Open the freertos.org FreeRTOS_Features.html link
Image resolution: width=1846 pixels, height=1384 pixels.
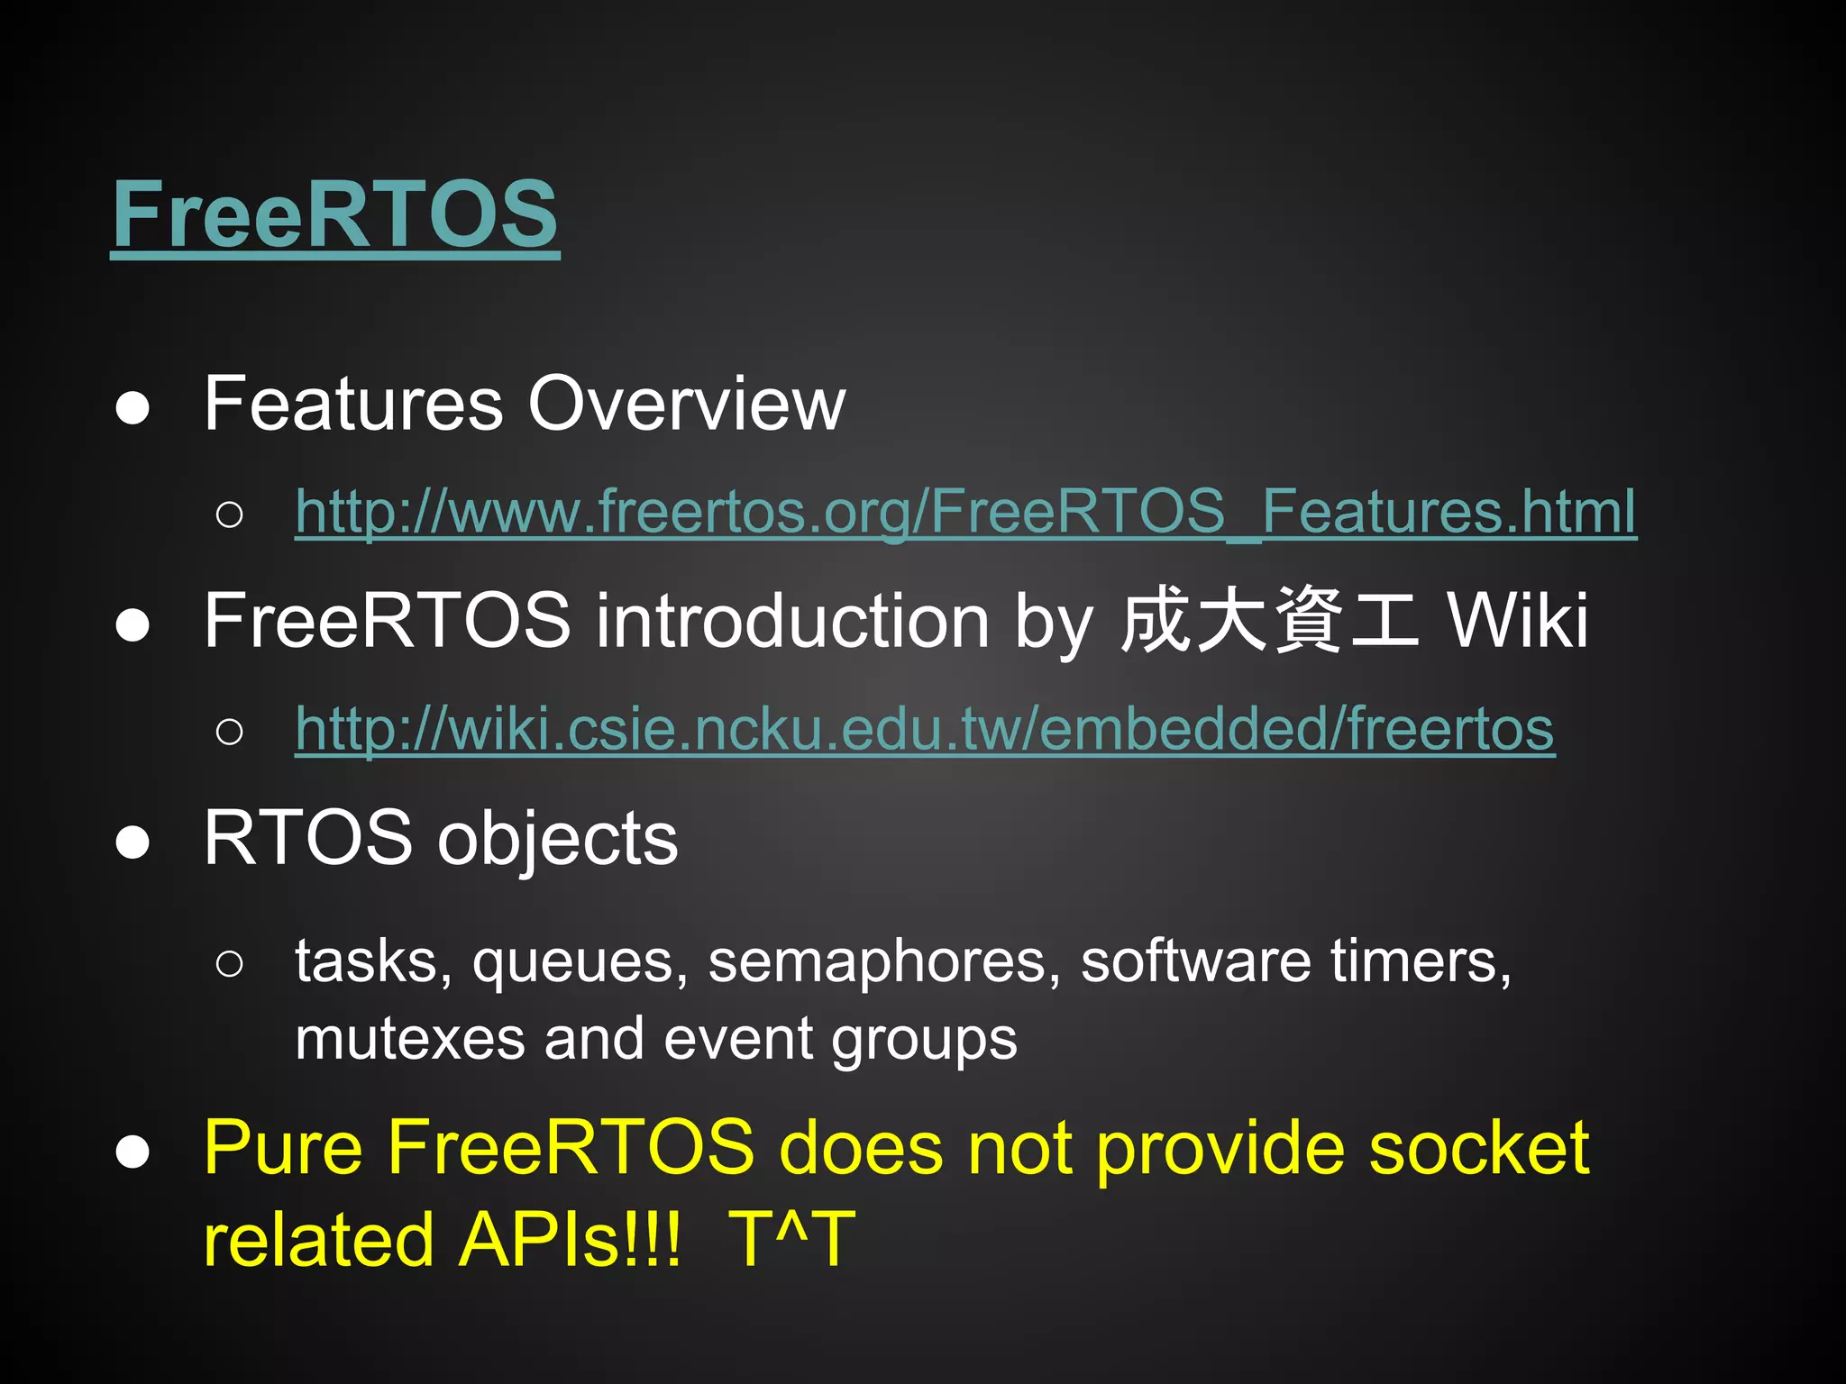(x=965, y=512)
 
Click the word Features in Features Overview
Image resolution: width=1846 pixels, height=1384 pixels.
(x=352, y=404)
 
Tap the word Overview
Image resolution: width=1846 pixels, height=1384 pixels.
(x=686, y=404)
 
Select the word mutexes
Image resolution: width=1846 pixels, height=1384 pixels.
(x=410, y=1039)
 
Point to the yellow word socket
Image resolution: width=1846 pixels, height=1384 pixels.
(x=1478, y=1148)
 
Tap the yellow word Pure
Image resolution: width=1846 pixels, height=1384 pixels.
(x=283, y=1148)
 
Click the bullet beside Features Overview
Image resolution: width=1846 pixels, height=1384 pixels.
(x=133, y=408)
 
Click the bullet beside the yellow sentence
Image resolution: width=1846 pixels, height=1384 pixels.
(x=133, y=1152)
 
